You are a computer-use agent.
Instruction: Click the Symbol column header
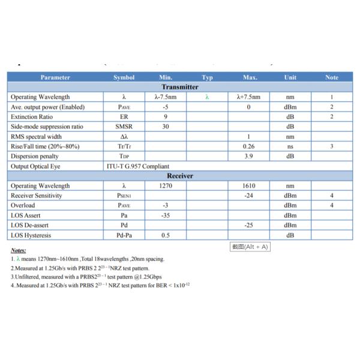click(124, 77)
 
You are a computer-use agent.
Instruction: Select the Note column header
click(331, 77)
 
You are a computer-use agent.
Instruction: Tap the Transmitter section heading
click(180, 87)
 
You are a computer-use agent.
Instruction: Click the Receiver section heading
click(180, 176)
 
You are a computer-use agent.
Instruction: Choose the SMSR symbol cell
click(124, 127)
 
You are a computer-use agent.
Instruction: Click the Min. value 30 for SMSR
click(165, 127)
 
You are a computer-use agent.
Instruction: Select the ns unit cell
click(290, 146)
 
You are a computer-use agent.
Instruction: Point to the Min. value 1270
click(166, 186)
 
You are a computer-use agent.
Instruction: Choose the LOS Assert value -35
click(165, 215)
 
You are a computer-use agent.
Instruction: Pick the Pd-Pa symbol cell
click(124, 235)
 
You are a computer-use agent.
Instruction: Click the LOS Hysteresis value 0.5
click(165, 235)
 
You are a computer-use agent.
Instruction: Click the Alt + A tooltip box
click(251, 247)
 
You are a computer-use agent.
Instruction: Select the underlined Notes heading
click(19, 250)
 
